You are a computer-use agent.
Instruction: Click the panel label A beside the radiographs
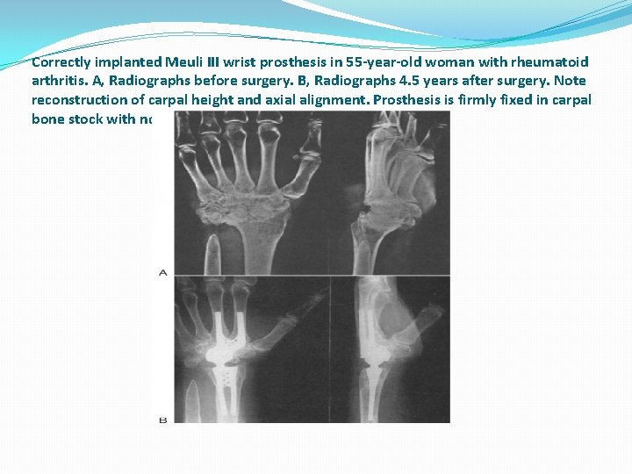(162, 273)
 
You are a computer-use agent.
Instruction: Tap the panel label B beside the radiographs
(162, 420)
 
